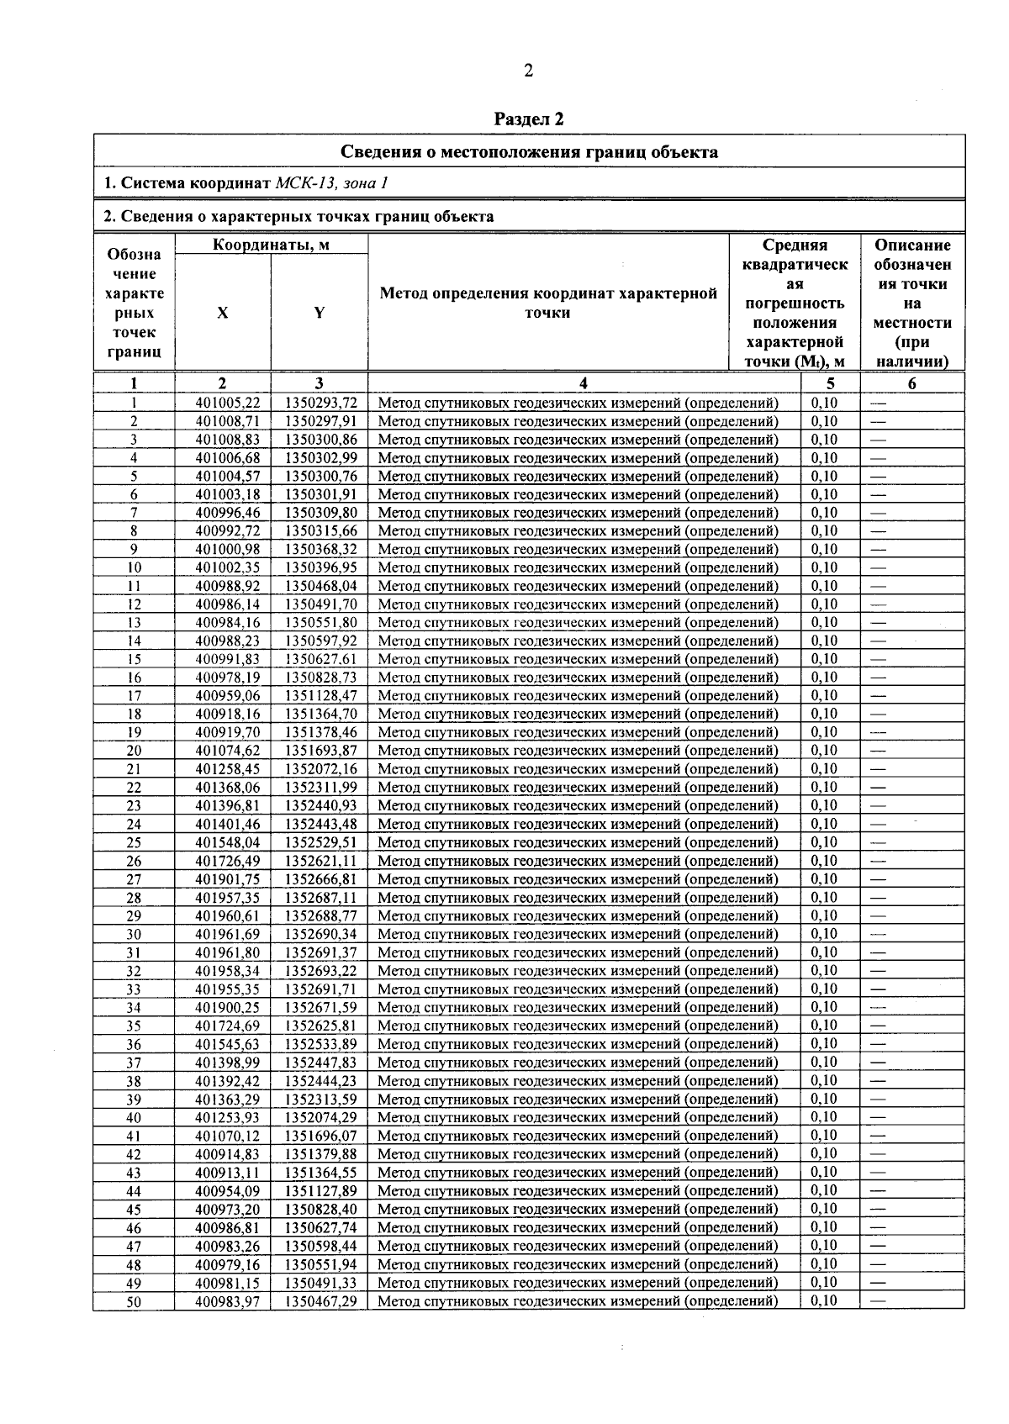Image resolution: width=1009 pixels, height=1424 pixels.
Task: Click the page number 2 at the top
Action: (x=528, y=71)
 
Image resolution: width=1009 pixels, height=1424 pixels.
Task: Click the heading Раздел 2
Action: (x=529, y=119)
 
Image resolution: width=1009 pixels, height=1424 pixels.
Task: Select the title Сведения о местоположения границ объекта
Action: (x=529, y=152)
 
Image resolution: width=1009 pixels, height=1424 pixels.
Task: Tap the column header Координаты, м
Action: (x=271, y=245)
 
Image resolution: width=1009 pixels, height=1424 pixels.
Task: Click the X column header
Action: (x=222, y=313)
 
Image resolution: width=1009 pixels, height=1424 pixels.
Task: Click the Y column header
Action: (x=320, y=313)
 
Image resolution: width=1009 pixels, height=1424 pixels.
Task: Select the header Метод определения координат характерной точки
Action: (x=548, y=303)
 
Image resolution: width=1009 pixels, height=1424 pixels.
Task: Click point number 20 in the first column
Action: (x=134, y=751)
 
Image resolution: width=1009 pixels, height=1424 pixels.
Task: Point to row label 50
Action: (x=134, y=1301)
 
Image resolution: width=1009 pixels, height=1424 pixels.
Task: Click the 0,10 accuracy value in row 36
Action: (x=824, y=1044)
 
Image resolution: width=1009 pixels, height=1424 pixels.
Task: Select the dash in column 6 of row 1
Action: (x=879, y=403)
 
